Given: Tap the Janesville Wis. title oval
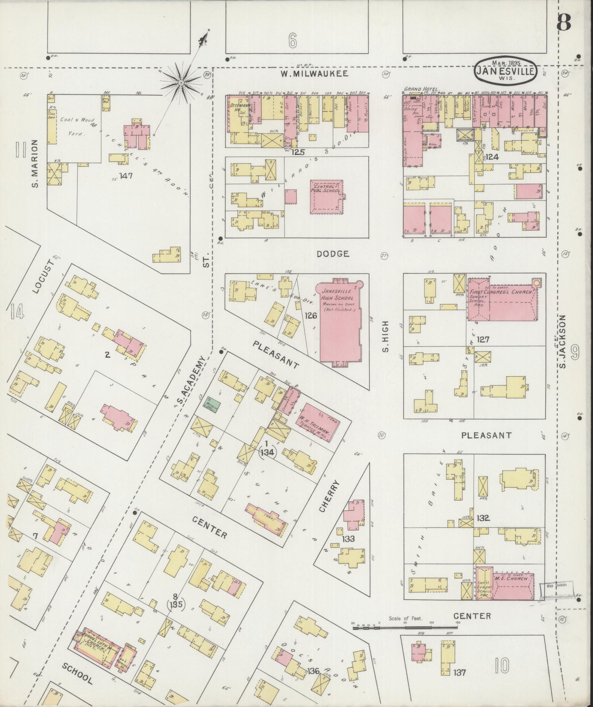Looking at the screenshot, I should (x=506, y=71).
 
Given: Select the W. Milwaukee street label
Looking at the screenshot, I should (x=314, y=74).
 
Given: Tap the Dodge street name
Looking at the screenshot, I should (x=333, y=254).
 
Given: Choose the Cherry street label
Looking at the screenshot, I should (x=335, y=495).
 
